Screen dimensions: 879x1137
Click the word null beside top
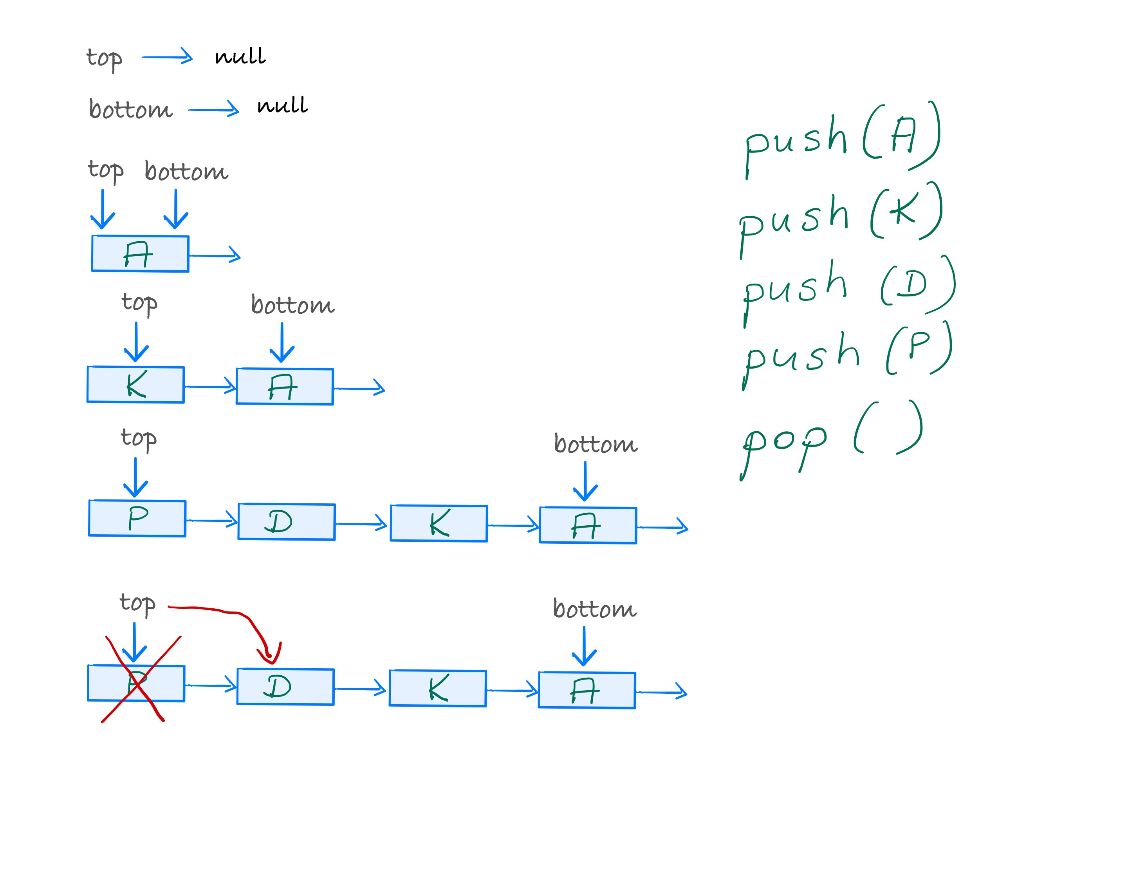pyautogui.click(x=240, y=56)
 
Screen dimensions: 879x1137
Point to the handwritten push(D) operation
pyautogui.click(x=848, y=286)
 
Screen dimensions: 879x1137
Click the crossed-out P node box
pyautogui.click(x=136, y=683)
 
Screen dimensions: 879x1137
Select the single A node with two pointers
pyautogui.click(x=140, y=253)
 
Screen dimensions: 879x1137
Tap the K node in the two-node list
pyautogui.click(x=135, y=384)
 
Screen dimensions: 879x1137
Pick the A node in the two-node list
pyautogui.click(x=285, y=386)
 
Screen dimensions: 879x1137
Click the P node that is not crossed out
pyautogui.click(x=137, y=518)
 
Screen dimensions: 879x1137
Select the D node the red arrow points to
pyautogui.click(x=285, y=686)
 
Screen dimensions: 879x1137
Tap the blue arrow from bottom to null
pyautogui.click(x=213, y=109)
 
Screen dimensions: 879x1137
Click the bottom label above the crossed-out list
pyautogui.click(x=594, y=608)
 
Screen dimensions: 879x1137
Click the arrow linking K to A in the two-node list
pyautogui.click(x=210, y=386)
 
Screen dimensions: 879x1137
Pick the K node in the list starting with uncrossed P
pyautogui.click(x=439, y=523)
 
